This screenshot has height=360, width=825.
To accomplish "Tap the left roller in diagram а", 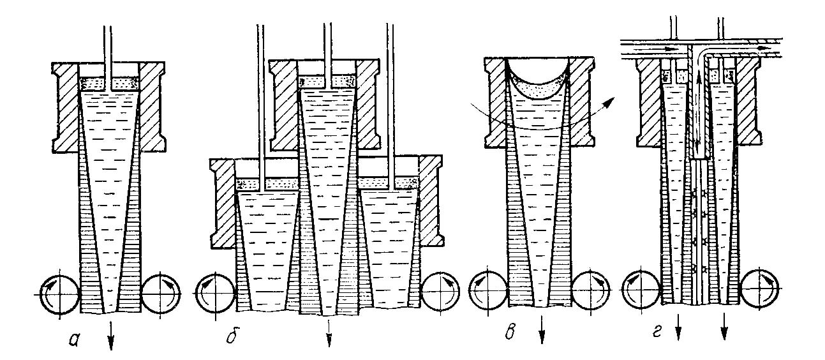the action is tap(59, 295).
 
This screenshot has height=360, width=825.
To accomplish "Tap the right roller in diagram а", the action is tap(161, 295).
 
